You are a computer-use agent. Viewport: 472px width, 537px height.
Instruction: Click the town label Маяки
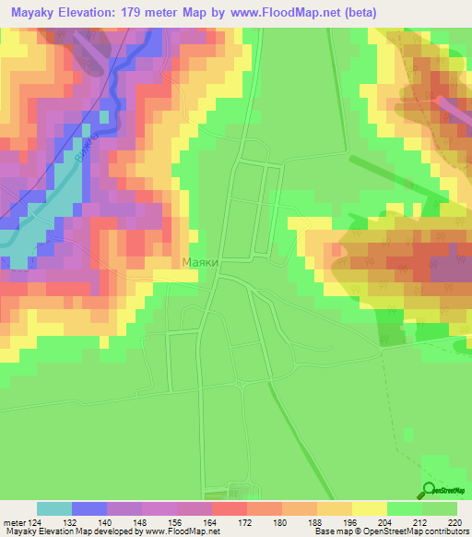[200, 263]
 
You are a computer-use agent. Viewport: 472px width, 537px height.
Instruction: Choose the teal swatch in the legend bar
[54, 508]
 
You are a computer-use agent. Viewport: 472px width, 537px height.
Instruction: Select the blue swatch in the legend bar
[89, 508]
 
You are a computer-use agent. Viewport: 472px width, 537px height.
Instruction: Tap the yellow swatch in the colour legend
[369, 508]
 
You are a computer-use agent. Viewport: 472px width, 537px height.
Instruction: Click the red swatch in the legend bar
[229, 508]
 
